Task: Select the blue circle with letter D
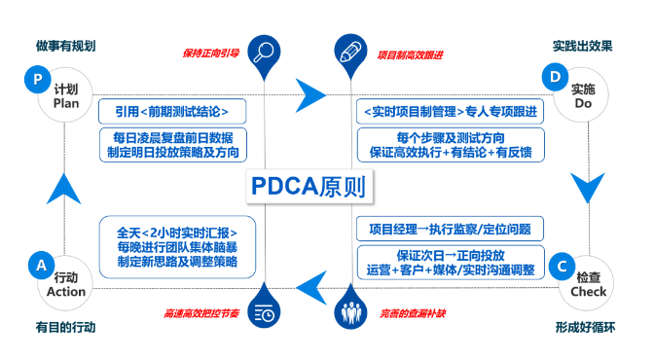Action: coord(555,77)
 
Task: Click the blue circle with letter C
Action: coord(560,264)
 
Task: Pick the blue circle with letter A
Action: coord(41,264)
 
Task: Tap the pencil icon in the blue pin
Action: coord(348,52)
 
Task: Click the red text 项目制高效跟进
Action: coord(411,54)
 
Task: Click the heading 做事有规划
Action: coord(65,45)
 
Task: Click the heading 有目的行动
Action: coord(65,327)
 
